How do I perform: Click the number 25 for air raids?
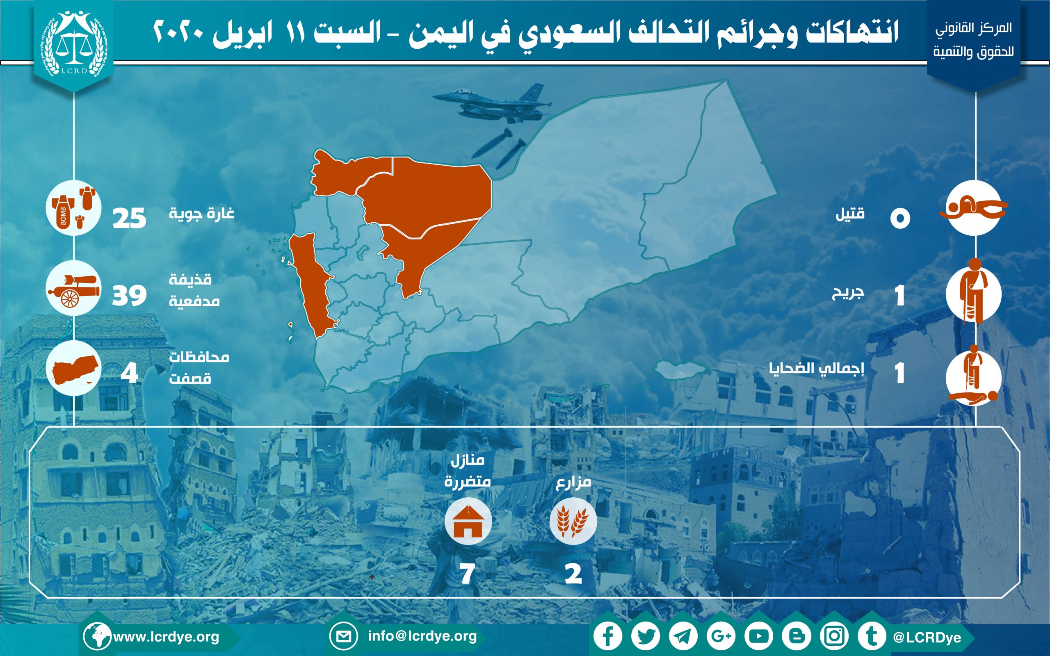pyautogui.click(x=129, y=218)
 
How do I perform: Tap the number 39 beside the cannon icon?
pyautogui.click(x=129, y=296)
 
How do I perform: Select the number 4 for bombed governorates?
pyautogui.click(x=129, y=373)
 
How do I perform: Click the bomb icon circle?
pyautogui.click(x=74, y=208)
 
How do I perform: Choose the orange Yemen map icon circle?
pyautogui.click(x=74, y=368)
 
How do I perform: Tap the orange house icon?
pyautogui.click(x=468, y=522)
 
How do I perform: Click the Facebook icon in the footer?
pyautogui.click(x=608, y=636)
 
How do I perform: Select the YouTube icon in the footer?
pyautogui.click(x=759, y=636)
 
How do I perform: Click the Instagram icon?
pyautogui.click(x=834, y=636)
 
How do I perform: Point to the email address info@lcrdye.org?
pyautogui.click(x=422, y=636)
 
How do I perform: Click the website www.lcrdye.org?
pyautogui.click(x=166, y=637)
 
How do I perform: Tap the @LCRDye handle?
pyautogui.click(x=927, y=637)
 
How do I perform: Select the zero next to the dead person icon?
pyautogui.click(x=900, y=218)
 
